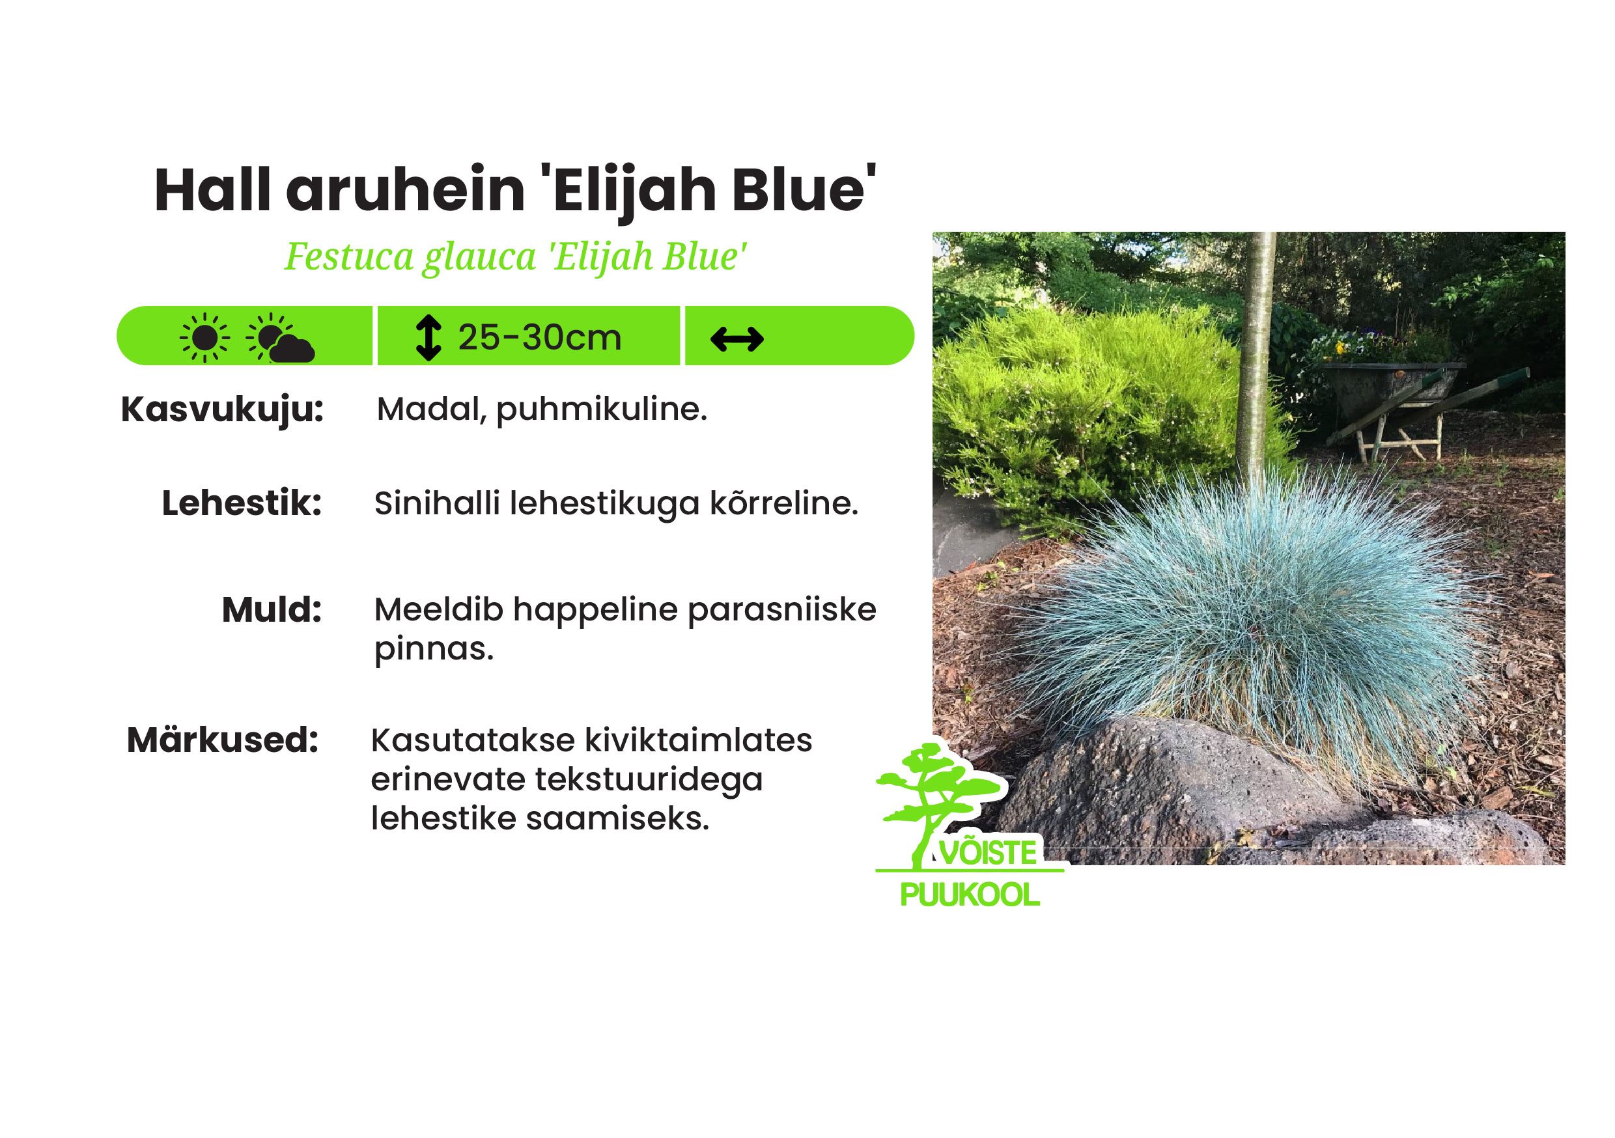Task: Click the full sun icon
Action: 204,338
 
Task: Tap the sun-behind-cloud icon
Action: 280,338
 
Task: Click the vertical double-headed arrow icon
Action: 428,338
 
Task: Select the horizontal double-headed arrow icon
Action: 737,339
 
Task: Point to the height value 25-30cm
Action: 539,338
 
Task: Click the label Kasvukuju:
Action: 222,409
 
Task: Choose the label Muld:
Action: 272,610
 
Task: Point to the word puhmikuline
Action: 602,409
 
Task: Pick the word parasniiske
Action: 781,610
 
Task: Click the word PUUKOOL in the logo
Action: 970,895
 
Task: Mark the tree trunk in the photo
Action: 1254,359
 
